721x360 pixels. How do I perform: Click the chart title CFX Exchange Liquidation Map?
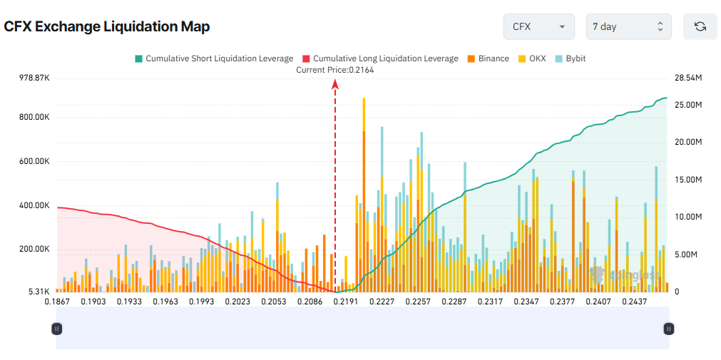107,26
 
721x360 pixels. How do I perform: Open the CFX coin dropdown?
538,26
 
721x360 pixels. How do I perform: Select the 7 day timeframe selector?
628,26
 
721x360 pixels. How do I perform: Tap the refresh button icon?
700,26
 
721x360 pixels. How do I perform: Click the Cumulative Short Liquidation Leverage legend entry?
213,58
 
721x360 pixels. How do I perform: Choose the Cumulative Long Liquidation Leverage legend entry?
380,58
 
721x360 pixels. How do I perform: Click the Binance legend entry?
489,58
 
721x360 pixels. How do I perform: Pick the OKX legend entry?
532,58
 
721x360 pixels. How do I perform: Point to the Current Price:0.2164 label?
334,70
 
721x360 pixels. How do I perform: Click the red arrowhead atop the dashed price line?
335,84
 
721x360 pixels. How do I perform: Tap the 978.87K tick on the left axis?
34,78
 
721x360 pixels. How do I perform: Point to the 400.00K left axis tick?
34,205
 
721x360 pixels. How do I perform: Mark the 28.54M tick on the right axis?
689,78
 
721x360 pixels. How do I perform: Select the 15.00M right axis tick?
689,180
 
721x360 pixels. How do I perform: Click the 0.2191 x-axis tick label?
346,302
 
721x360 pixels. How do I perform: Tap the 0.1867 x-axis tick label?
57,302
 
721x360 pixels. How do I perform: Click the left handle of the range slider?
57,329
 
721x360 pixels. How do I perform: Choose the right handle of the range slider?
668,329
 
